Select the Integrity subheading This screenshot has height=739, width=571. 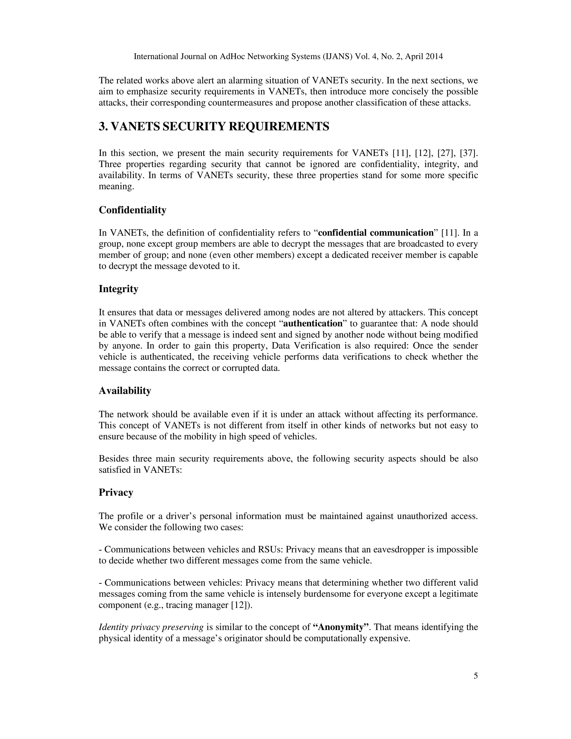pos(118,289)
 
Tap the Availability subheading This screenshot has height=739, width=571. pos(125,391)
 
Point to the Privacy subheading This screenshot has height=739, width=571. pos(116,492)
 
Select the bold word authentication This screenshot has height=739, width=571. pos(313,323)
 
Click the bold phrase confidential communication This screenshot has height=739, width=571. pos(376,233)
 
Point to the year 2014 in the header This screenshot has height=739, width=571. pos(434,57)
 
